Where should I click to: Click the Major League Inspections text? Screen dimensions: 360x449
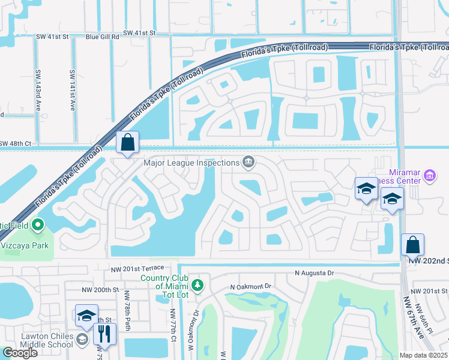click(x=191, y=162)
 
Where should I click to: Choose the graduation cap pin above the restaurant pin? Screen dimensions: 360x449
click(x=86, y=316)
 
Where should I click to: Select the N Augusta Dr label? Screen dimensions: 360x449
click(x=314, y=273)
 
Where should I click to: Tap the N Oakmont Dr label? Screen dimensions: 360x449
click(x=251, y=287)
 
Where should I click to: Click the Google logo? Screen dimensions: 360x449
click(x=20, y=353)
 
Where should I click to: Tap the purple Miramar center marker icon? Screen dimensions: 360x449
click(x=430, y=175)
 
